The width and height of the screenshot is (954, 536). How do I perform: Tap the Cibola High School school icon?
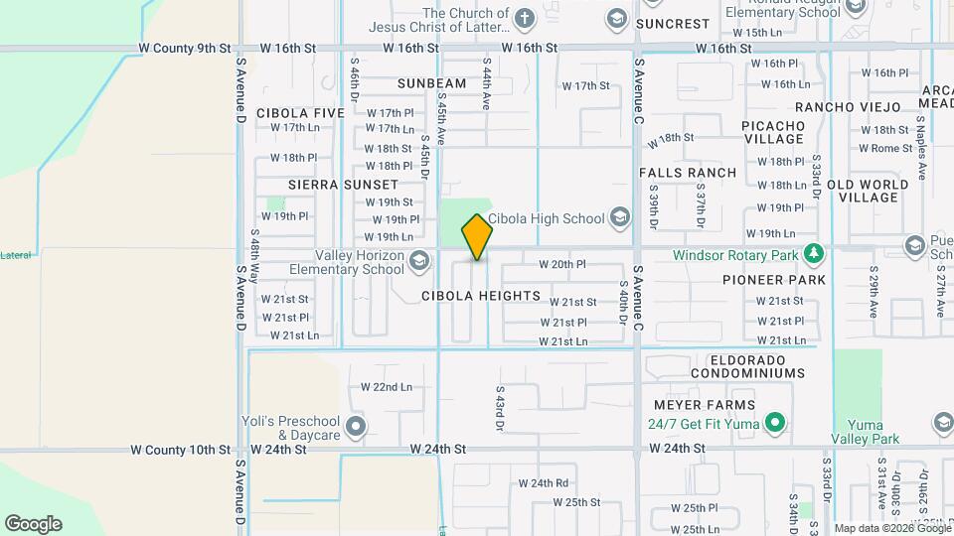click(620, 217)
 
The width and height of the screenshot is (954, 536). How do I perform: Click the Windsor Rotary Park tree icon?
click(814, 254)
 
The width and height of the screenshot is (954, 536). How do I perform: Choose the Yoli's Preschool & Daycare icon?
click(356, 428)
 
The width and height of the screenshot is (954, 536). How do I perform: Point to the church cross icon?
click(524, 17)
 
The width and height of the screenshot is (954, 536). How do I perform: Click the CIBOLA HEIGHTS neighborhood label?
click(481, 296)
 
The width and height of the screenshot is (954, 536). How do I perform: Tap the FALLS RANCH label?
click(688, 173)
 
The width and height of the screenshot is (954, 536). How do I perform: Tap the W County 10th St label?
click(184, 450)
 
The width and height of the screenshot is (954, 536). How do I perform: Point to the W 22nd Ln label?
click(386, 386)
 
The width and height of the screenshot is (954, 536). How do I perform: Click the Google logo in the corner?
click(33, 524)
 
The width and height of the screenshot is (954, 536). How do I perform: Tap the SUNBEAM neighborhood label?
click(431, 83)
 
